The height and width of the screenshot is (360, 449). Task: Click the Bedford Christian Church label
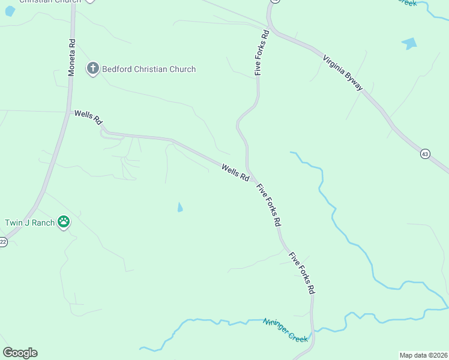[149, 69]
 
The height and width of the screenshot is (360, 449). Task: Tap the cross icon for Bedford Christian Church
[92, 69]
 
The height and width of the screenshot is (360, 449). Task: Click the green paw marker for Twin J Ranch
[64, 222]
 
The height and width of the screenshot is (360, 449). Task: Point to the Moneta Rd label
[71, 58]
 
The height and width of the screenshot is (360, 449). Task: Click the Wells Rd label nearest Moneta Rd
[88, 117]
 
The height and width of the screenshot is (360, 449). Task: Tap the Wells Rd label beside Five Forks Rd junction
[235, 173]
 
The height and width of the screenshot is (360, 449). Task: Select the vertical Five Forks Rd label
[262, 53]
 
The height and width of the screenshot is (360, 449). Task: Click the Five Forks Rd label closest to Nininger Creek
[301, 273]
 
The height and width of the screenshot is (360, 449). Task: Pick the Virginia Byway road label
[343, 73]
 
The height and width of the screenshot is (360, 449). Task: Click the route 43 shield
[425, 154]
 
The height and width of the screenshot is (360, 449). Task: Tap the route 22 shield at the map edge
[2, 242]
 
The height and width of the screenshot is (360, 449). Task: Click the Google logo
[20, 353]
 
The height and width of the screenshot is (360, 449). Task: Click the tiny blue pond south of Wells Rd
[180, 208]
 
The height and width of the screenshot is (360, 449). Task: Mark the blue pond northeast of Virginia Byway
[409, 43]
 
